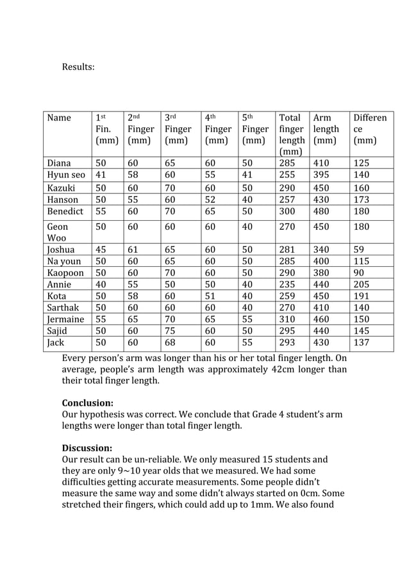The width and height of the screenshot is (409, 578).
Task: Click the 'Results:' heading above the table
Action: click(78, 67)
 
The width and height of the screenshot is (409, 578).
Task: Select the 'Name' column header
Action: click(59, 118)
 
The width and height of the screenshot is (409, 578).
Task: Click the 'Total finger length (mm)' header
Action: click(292, 134)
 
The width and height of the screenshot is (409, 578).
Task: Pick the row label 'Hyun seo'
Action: click(66, 175)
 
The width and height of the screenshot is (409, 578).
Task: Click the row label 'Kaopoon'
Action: click(65, 273)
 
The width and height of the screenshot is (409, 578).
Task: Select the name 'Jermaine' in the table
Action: click(65, 319)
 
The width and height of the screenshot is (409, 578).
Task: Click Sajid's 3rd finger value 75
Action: click(171, 330)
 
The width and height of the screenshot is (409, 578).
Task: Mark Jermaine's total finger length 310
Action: click(287, 319)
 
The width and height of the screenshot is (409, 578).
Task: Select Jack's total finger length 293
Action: click(287, 342)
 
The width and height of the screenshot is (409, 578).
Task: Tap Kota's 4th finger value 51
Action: click(210, 296)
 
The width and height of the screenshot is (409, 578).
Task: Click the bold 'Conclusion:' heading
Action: click(87, 403)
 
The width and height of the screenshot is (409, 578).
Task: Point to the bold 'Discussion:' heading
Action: click(87, 448)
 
